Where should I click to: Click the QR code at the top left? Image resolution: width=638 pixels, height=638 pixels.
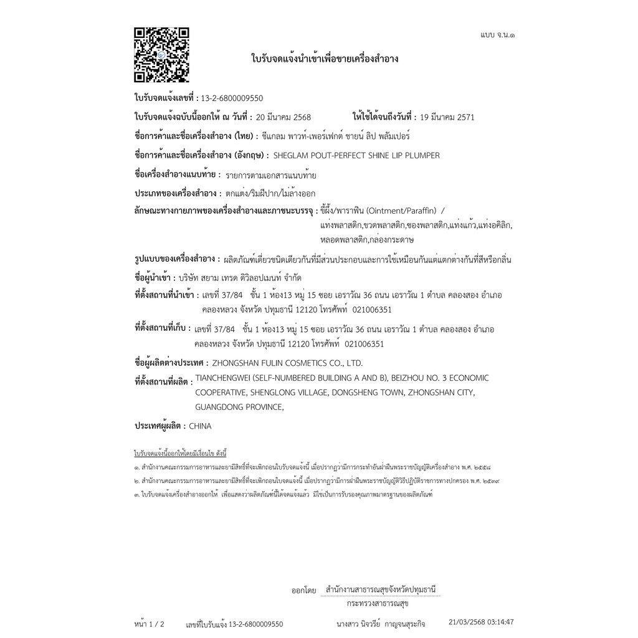click(161, 55)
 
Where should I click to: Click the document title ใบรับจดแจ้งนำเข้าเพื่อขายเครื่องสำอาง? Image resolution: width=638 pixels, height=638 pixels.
click(325, 59)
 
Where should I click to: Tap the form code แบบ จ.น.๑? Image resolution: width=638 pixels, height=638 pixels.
click(497, 35)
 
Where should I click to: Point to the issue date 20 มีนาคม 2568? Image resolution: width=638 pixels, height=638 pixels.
click(283, 117)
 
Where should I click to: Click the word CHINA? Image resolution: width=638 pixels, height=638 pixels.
click(199, 426)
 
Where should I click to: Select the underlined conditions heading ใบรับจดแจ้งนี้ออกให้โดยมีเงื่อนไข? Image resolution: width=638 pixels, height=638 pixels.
click(181, 452)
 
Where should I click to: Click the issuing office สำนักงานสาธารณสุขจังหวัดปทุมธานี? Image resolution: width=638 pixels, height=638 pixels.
click(380, 589)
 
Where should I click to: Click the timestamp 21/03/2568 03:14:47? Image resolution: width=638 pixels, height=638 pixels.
click(481, 622)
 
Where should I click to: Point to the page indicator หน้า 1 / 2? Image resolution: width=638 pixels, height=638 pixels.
click(149, 623)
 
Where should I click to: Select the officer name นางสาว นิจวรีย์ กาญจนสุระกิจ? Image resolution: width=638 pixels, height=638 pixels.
click(381, 623)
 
